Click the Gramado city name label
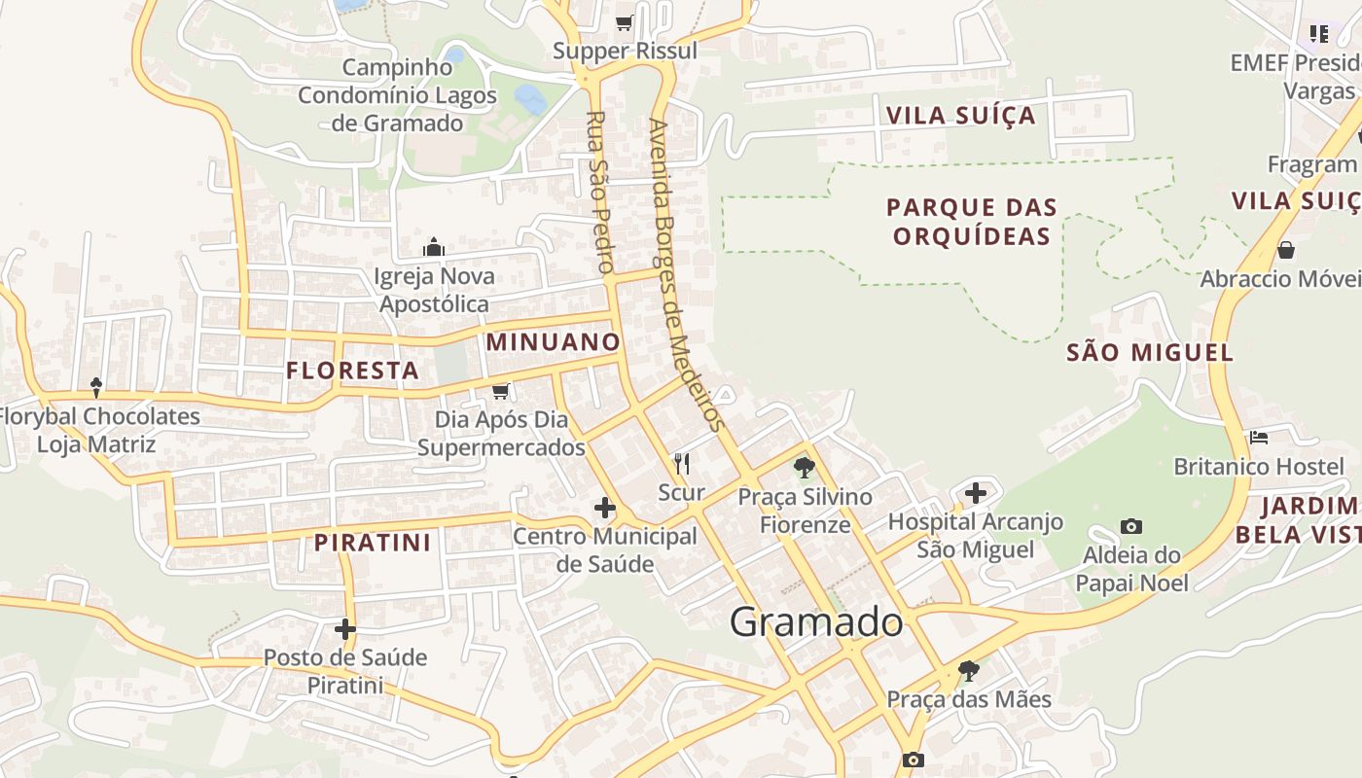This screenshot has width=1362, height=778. (816, 621)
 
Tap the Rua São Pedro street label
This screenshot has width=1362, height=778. (598, 192)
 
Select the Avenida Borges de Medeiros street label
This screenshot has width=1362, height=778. (686, 274)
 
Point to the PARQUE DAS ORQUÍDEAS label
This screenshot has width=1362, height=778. (972, 222)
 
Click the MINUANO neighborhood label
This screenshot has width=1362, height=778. (553, 342)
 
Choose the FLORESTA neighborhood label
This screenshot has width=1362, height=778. (353, 371)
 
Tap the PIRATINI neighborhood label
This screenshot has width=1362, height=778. (372, 543)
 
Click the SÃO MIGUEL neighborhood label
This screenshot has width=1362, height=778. (1150, 352)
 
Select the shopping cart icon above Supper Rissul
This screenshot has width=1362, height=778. (624, 22)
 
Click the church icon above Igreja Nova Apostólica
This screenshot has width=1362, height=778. (434, 248)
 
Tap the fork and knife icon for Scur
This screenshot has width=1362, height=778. (681, 464)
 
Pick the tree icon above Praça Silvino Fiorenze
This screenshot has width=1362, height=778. (804, 469)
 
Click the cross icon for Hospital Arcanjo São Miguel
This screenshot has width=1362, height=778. (976, 493)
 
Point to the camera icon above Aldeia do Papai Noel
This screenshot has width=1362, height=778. (1130, 527)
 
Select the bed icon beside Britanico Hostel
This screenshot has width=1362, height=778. (1259, 438)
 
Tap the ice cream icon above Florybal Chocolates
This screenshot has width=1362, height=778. (96, 388)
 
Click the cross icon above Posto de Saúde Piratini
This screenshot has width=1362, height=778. (344, 629)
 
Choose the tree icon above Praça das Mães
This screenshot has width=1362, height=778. (968, 670)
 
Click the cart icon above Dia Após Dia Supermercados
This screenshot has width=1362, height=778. (501, 391)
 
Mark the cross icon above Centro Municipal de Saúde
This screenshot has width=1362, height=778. (605, 508)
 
